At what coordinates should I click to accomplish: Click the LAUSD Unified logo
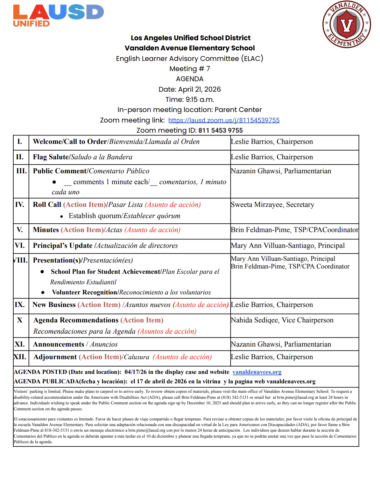click(x=58, y=16)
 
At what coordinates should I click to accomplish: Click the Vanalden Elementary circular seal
click(x=346, y=25)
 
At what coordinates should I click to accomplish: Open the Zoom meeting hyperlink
click(x=224, y=120)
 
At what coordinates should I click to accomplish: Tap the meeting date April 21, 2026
click(x=199, y=89)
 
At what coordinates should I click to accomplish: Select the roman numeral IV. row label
click(x=20, y=204)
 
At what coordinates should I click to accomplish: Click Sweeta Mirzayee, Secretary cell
click(x=272, y=204)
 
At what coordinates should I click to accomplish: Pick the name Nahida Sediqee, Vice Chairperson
click(x=282, y=320)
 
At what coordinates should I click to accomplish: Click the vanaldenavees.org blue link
click(x=256, y=372)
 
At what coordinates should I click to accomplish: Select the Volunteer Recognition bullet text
click(x=84, y=292)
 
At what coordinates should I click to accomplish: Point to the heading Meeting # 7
click(x=190, y=69)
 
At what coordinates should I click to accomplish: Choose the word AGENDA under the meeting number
click(x=190, y=79)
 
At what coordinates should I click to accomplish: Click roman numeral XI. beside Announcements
click(x=20, y=344)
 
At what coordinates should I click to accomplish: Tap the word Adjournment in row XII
click(x=55, y=357)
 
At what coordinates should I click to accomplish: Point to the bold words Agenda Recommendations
click(x=76, y=320)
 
